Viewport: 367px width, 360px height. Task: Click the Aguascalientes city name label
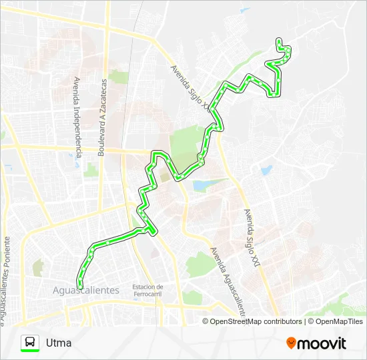85,290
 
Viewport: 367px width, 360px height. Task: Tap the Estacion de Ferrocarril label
147,291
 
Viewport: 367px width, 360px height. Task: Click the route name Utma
59,343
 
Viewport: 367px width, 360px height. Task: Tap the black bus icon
30,341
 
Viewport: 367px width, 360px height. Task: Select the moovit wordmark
322,343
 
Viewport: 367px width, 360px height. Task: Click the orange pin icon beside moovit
291,343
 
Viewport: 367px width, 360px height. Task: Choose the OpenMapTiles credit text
336,321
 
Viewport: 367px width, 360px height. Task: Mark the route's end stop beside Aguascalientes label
79,286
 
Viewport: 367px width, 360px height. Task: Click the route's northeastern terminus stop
278,40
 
